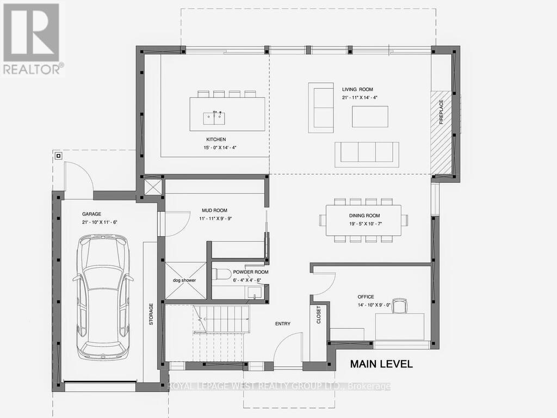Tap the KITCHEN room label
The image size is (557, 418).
(215, 139)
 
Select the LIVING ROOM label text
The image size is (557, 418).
(357, 89)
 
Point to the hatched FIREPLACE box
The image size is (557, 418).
(442, 132)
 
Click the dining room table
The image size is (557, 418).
(363, 220)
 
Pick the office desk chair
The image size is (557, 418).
(400, 306)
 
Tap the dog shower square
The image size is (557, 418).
(185, 280)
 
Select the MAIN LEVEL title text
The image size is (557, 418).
(381, 364)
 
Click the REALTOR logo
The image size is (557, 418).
(32, 38)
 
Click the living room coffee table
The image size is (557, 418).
(370, 116)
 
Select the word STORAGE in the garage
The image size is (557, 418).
(152, 314)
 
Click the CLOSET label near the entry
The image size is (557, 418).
(319, 315)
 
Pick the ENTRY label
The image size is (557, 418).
(283, 324)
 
